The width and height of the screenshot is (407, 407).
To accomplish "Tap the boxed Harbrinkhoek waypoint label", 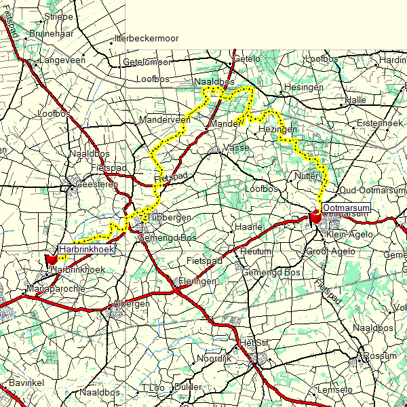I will [x=85, y=249].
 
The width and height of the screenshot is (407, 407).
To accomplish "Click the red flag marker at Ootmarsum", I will [x=315, y=218].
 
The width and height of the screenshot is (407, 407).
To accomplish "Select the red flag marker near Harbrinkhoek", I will [x=52, y=259].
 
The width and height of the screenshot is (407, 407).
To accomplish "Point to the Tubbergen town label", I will [x=166, y=217].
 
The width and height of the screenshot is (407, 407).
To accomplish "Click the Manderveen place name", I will [x=165, y=119].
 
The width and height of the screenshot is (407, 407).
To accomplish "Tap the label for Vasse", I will [x=237, y=147].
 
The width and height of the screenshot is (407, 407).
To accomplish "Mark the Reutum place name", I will [x=256, y=251].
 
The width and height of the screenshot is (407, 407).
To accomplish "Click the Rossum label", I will [x=380, y=355].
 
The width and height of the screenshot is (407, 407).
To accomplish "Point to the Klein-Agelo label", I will [x=349, y=234].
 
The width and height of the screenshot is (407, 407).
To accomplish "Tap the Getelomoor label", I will [x=147, y=62].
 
